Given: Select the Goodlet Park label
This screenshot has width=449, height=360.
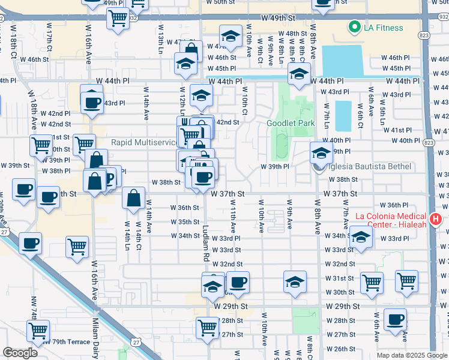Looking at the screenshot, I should (x=291, y=123).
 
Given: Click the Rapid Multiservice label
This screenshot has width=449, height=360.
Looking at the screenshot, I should (x=144, y=142).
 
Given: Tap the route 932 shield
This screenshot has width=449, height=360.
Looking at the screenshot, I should (x=132, y=19).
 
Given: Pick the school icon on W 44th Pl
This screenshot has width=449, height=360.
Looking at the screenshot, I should (x=298, y=74).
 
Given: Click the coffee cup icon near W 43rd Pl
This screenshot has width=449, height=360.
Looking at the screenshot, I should (x=91, y=103).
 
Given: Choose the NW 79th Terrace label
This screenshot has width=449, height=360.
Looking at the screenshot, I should (x=66, y=342).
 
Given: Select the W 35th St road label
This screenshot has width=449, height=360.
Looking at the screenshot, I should (x=184, y=222).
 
